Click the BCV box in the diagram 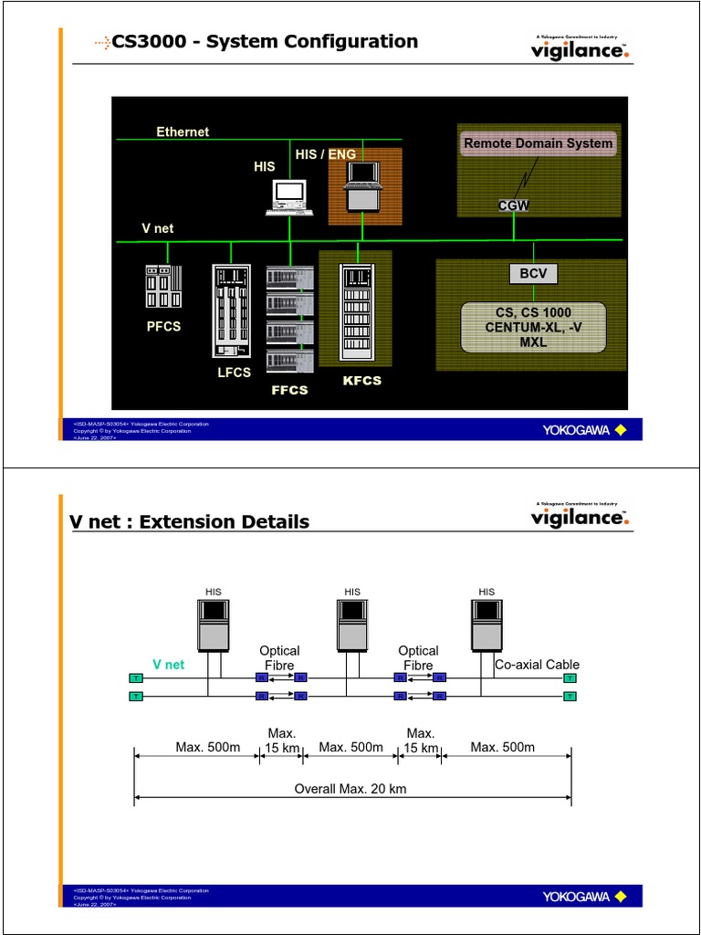click(532, 274)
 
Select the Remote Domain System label click(538, 143)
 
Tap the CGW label click(513, 206)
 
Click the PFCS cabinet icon click(163, 286)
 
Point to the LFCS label click(233, 373)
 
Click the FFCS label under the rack click(289, 390)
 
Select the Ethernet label click(183, 131)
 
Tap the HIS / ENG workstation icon click(363, 186)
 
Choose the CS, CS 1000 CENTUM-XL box click(533, 328)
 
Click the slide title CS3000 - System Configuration click(264, 42)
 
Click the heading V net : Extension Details click(190, 522)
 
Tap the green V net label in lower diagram click(168, 665)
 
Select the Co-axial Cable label click(537, 665)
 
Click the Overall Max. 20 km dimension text click(350, 789)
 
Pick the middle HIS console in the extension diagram click(352, 625)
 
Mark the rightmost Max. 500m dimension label click(503, 748)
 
